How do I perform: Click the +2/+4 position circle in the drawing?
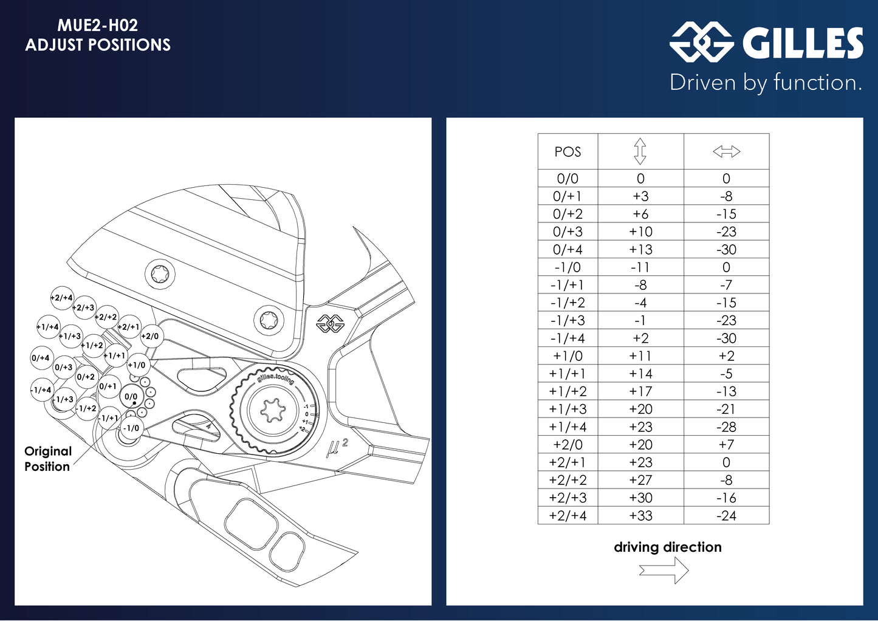[x=62, y=298]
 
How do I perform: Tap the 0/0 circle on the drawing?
[x=131, y=397]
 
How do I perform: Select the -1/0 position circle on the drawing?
[x=131, y=428]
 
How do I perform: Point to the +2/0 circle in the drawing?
[x=150, y=336]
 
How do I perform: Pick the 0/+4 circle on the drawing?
[x=41, y=358]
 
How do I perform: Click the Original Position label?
[x=47, y=459]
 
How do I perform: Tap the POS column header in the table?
[x=568, y=152]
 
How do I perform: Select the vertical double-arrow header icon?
[x=640, y=151]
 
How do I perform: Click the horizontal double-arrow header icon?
[x=726, y=151]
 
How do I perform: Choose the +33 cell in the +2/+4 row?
[x=640, y=516]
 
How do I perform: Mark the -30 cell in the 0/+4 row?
[x=726, y=250]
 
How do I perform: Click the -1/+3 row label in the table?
[x=568, y=321]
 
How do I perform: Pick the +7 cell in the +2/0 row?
[x=726, y=445]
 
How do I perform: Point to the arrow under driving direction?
[x=664, y=571]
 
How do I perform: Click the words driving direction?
[x=667, y=547]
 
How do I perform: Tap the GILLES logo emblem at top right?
[x=701, y=42]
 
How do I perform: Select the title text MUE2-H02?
[x=98, y=26]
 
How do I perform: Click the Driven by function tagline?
[x=766, y=83]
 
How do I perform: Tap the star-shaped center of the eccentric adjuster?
[x=272, y=411]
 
